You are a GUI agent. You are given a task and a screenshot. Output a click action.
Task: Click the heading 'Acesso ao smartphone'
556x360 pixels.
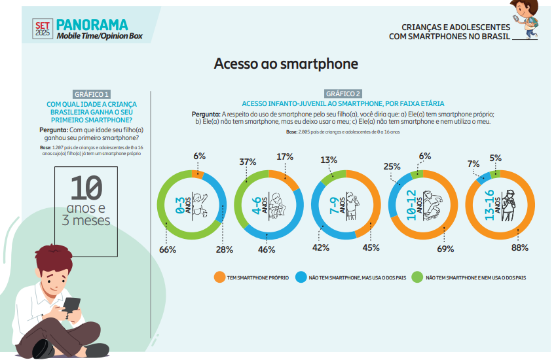tap(286, 64)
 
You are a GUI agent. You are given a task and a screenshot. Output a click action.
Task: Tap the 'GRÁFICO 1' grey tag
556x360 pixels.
tap(92, 94)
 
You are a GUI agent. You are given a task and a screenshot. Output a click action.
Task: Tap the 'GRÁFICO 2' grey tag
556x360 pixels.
tap(343, 94)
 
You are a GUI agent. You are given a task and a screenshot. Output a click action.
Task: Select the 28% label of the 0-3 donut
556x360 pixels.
tap(224, 249)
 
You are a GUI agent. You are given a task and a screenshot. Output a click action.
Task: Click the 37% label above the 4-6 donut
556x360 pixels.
tap(248, 162)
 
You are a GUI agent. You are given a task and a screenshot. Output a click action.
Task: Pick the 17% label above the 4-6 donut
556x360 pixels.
tap(285, 157)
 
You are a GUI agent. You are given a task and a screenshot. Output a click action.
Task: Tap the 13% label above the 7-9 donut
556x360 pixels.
tap(329, 160)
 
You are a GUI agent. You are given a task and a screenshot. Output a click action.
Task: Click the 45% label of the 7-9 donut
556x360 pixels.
tap(371, 247)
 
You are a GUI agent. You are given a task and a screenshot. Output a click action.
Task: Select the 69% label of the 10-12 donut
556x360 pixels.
tap(445, 249)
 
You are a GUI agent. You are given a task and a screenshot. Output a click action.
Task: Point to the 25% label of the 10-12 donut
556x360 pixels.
tap(392, 166)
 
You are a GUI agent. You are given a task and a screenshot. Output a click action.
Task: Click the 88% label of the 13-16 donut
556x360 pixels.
tap(520, 247)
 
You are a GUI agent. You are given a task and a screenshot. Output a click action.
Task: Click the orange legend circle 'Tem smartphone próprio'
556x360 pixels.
tap(220, 278)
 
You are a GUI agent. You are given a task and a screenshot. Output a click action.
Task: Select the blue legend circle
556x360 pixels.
tap(302, 278)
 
